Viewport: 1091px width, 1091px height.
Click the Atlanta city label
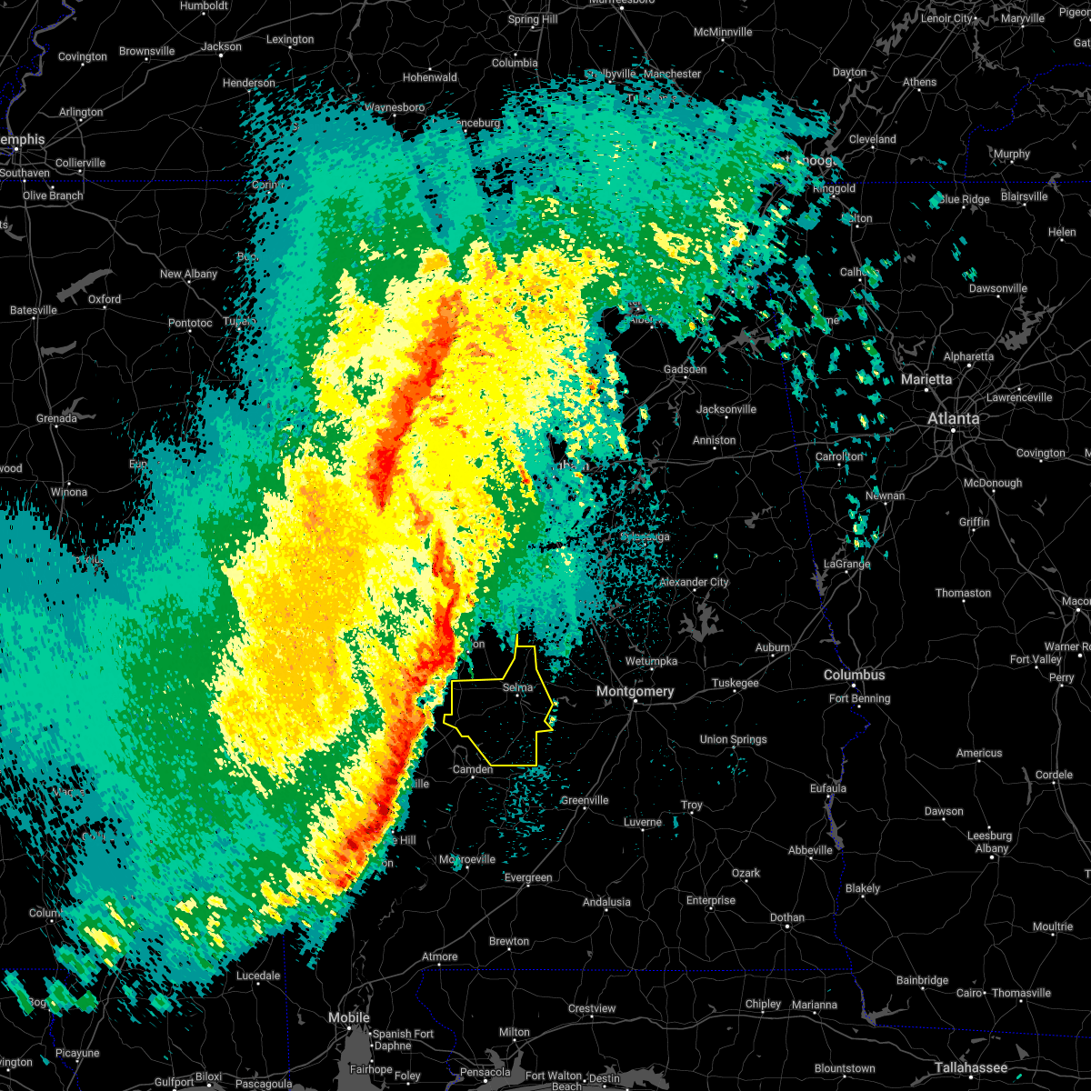pos(953,418)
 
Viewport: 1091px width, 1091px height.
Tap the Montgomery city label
pos(636,692)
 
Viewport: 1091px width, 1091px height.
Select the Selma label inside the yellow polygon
pos(517,688)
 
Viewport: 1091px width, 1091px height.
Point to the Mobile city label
pos(349,1017)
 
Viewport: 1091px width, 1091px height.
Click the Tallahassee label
pos(972,1067)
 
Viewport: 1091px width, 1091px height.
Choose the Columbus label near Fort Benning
pos(854,675)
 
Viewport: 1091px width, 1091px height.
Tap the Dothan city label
pos(787,917)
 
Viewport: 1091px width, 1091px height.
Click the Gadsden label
pos(685,369)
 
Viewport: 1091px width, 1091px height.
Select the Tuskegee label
pos(735,683)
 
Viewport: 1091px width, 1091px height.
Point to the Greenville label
pos(584,800)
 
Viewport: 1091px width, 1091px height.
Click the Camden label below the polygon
pos(473,769)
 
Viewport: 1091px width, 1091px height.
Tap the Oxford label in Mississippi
pos(105,298)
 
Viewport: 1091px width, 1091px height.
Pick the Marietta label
pos(926,379)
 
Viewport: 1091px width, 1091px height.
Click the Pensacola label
pos(485,1072)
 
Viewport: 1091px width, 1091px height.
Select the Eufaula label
pos(827,788)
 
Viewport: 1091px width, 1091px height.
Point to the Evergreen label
pos(528,877)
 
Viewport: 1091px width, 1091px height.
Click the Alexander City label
pos(694,582)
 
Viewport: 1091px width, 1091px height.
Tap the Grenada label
pos(56,418)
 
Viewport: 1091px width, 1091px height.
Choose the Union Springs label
pos(733,739)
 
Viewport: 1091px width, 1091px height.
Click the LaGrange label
pos(846,564)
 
